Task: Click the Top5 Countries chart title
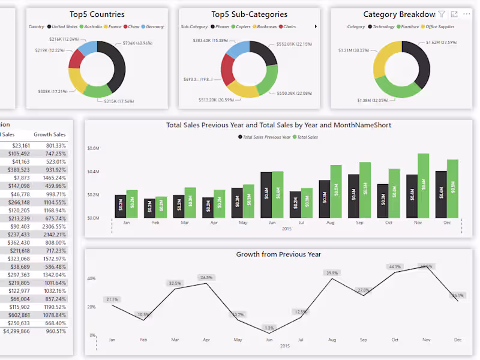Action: coord(97,14)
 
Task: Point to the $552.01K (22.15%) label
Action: coord(294,44)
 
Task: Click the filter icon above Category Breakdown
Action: coord(442,14)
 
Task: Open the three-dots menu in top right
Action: coord(466,14)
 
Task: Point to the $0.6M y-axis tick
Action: coord(93,148)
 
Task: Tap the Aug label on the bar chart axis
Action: coord(330,223)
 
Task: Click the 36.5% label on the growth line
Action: coord(206,277)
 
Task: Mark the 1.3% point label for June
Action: coord(269,328)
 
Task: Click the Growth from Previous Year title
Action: coord(278,254)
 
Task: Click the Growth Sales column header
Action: coord(50,135)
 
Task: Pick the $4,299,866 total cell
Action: coord(17,331)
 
